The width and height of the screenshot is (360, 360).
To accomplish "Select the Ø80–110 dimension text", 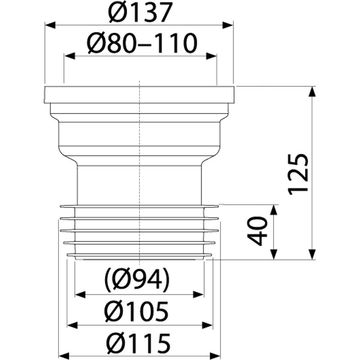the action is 142,43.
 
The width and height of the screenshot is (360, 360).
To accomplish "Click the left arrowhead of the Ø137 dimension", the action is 50,25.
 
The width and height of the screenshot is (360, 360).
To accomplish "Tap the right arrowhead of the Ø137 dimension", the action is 228,25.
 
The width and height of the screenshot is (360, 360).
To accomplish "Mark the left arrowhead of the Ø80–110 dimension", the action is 70,56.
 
